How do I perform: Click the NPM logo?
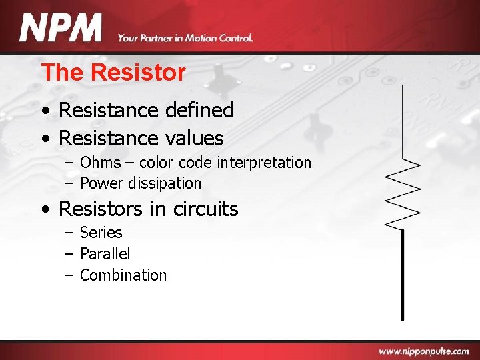pos(61,29)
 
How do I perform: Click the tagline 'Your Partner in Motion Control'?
pos(185,38)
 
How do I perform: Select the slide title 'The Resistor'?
pos(113,72)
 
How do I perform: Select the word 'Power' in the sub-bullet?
pos(101,183)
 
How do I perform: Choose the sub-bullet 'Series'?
pos(101,233)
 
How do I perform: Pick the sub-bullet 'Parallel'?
pos(105,254)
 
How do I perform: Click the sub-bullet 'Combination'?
pos(123,275)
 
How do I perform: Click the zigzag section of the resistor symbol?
pos(403,193)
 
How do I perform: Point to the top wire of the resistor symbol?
pos(402,120)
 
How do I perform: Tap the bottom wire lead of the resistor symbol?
pos(402,280)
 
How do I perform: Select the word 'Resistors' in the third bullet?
pos(101,209)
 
